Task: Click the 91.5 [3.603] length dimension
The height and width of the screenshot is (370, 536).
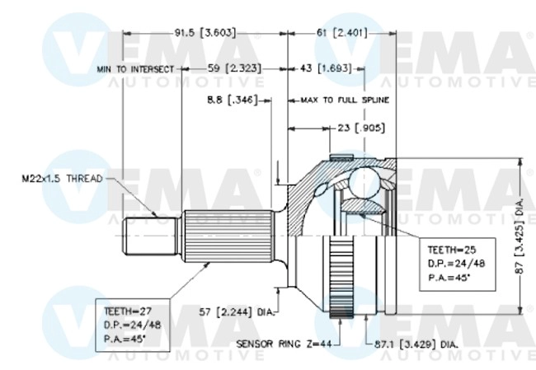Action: pos(205,33)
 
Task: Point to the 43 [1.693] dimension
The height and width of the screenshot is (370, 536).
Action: pos(326,69)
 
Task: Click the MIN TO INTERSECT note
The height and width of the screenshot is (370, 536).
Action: pos(135,70)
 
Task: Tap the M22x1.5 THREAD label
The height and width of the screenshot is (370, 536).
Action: pos(62,179)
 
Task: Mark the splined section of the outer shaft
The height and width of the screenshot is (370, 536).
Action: pos(228,237)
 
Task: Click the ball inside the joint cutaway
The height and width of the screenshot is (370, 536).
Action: pos(363,182)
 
